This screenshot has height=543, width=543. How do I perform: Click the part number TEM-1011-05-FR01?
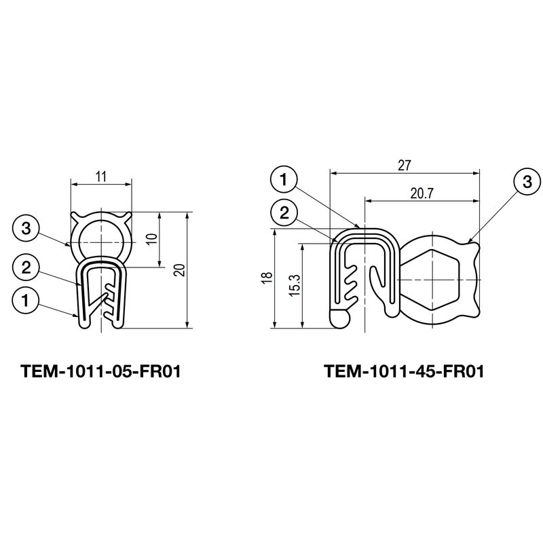point(100,371)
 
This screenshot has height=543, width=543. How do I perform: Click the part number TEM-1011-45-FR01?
point(404,371)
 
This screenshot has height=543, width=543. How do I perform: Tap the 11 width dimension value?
point(101,177)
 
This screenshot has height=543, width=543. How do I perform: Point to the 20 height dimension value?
point(180,269)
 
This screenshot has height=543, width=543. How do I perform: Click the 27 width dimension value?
point(404,166)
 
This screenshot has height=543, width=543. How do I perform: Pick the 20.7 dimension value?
point(422,193)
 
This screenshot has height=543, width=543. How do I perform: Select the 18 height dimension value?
point(268,278)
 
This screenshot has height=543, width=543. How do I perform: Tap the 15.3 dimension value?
point(295,285)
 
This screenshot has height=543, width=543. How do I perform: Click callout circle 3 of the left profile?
point(26,229)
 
